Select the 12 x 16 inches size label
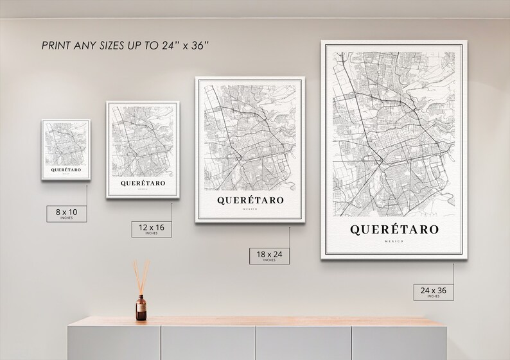tap(151, 228)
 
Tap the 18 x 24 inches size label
tap(265, 256)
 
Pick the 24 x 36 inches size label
tap(433, 292)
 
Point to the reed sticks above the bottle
tap(140, 275)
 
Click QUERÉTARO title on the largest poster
tap(394, 229)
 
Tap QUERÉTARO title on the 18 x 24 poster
tap(251, 200)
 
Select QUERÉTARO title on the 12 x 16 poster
tap(143, 183)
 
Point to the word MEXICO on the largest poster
tap(394, 241)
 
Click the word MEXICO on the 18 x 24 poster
tap(251, 209)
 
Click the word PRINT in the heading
tap(57, 46)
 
